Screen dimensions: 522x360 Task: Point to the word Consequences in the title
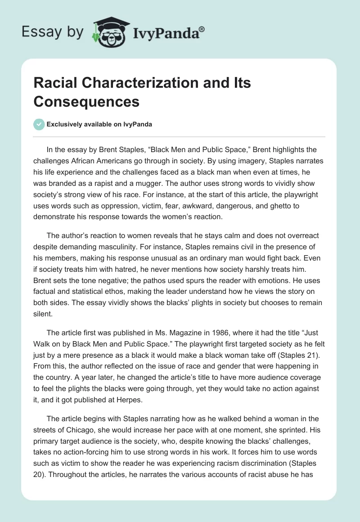[x=86, y=102]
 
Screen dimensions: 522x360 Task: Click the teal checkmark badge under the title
[x=39, y=124]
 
